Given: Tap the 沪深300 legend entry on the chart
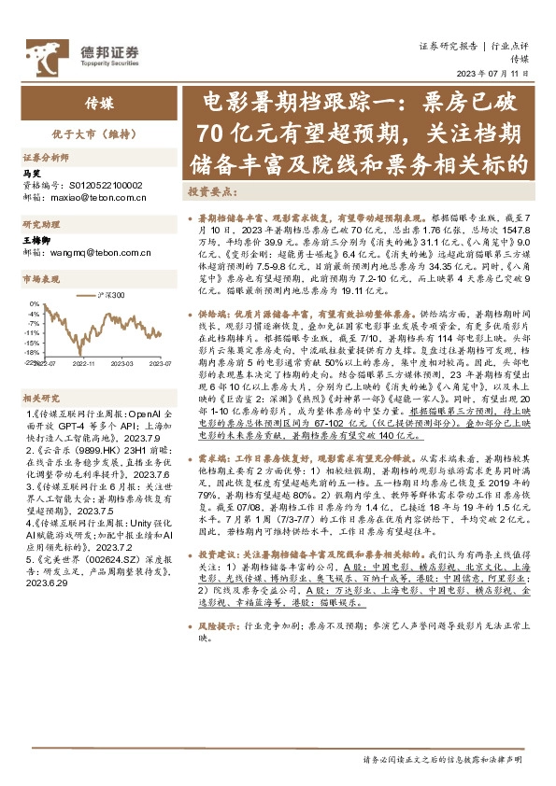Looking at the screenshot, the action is coord(108,294).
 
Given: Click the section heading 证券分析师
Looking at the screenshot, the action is coord(47,158).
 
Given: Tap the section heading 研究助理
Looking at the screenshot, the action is coord(41,225).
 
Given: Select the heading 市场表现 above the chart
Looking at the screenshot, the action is coord(41,277).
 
